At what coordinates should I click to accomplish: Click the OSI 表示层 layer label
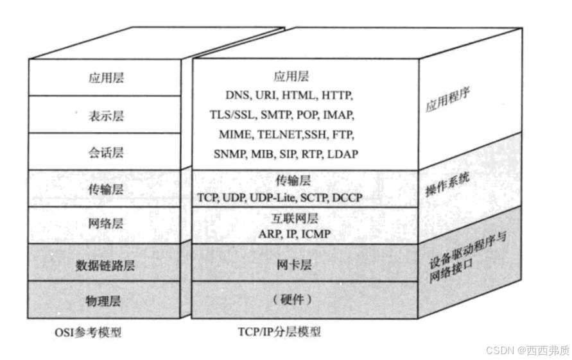pos(106,116)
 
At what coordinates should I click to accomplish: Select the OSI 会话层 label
pos(106,153)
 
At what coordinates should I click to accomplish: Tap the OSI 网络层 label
pos(106,224)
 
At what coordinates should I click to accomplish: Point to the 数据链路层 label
pos(106,264)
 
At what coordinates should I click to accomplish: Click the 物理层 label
pos(106,300)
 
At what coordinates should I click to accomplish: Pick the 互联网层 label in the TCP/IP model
pos(294,219)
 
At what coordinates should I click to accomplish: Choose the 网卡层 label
pos(294,264)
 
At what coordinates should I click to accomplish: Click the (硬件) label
pos(293,300)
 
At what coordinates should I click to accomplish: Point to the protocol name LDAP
pos(342,155)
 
